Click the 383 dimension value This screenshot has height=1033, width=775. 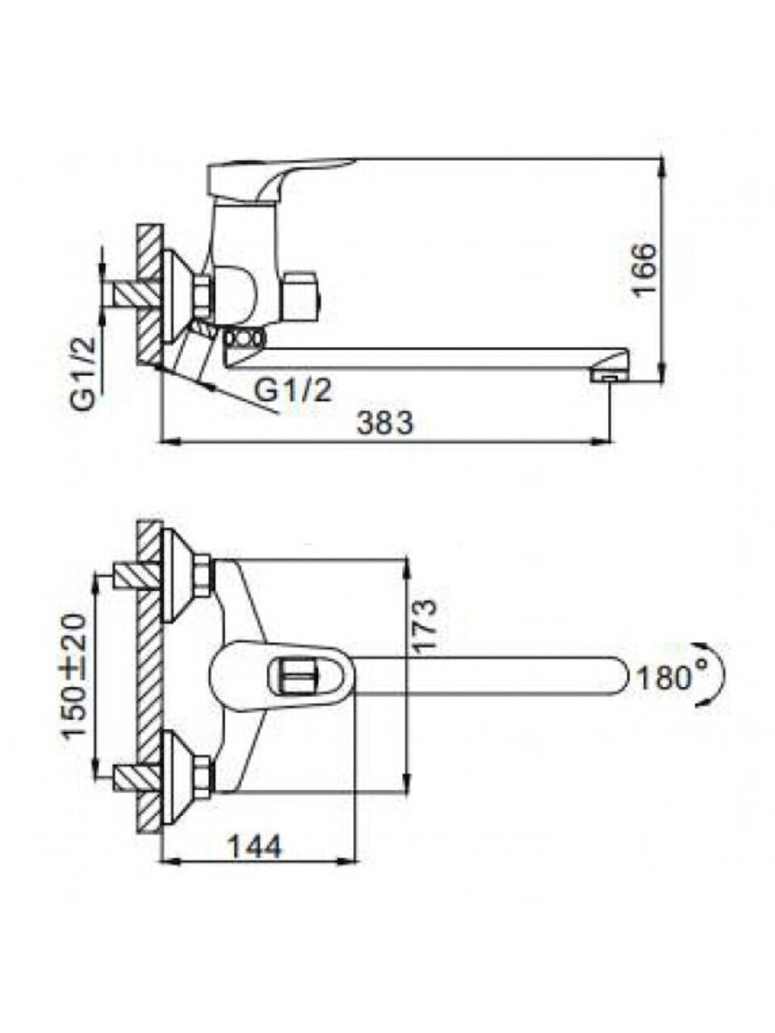pos(385,423)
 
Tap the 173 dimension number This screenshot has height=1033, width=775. pos(425,624)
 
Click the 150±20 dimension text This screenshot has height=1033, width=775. pos(75,676)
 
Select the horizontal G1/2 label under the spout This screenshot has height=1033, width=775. pos(293,390)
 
